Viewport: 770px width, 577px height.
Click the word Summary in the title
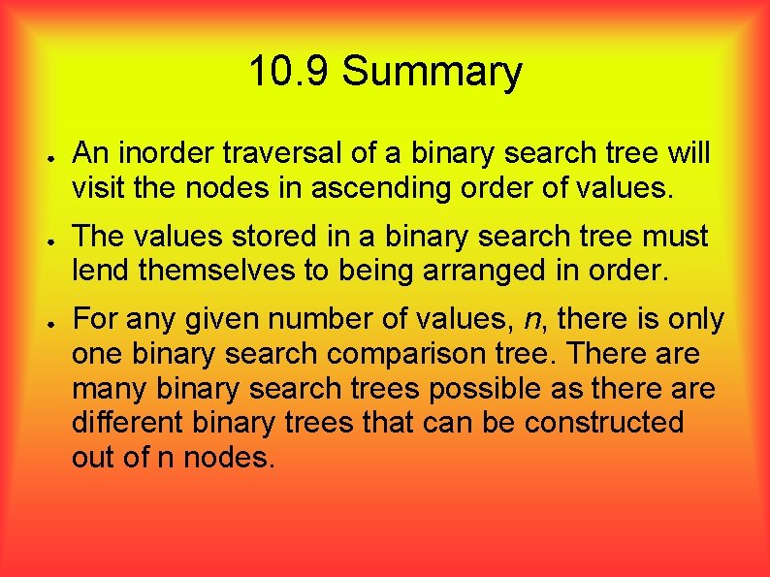pos(432,73)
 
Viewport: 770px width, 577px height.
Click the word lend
pos(102,271)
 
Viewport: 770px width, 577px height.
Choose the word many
pos(108,389)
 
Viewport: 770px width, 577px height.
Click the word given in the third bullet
pos(224,320)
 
